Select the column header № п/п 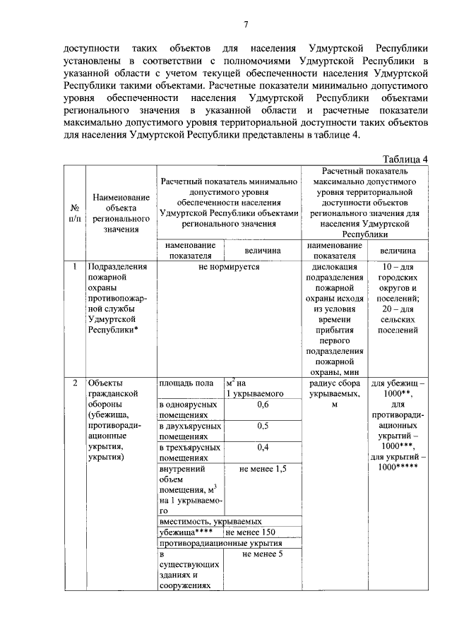75,213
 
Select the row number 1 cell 75,267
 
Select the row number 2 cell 75,383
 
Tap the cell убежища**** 184,532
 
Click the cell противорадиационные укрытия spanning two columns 220,543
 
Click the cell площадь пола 186,383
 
